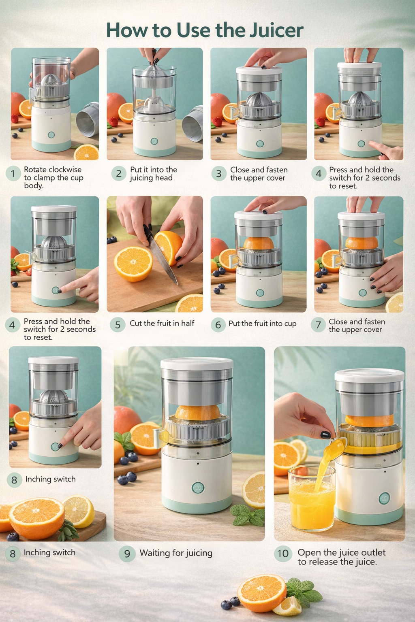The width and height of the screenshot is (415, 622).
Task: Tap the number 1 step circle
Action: pyautogui.click(x=13, y=174)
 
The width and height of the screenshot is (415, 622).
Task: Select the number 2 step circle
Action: pyautogui.click(x=118, y=174)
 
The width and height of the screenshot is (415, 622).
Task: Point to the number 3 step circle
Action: pyautogui.click(x=218, y=174)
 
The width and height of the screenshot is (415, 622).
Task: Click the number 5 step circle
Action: pyautogui.click(x=118, y=325)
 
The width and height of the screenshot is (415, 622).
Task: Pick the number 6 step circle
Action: pyautogui.click(x=218, y=325)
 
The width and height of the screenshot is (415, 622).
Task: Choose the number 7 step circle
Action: pyautogui.click(x=318, y=325)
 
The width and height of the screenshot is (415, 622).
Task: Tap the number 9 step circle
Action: pyautogui.click(x=127, y=554)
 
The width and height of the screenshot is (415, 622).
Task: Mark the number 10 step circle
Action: pyautogui.click(x=283, y=554)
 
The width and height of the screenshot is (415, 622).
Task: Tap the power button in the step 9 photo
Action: pyautogui.click(x=198, y=488)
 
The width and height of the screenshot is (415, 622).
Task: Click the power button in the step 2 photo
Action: pyautogui.click(x=154, y=141)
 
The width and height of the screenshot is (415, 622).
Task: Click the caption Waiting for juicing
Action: pyautogui.click(x=176, y=553)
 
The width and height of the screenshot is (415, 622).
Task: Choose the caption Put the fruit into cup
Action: pyautogui.click(x=262, y=324)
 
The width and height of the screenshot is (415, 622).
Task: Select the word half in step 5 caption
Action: pyautogui.click(x=186, y=323)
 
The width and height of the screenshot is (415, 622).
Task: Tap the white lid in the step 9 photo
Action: pyautogui.click(x=197, y=363)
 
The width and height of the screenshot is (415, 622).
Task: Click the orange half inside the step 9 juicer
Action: pyautogui.click(x=197, y=412)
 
